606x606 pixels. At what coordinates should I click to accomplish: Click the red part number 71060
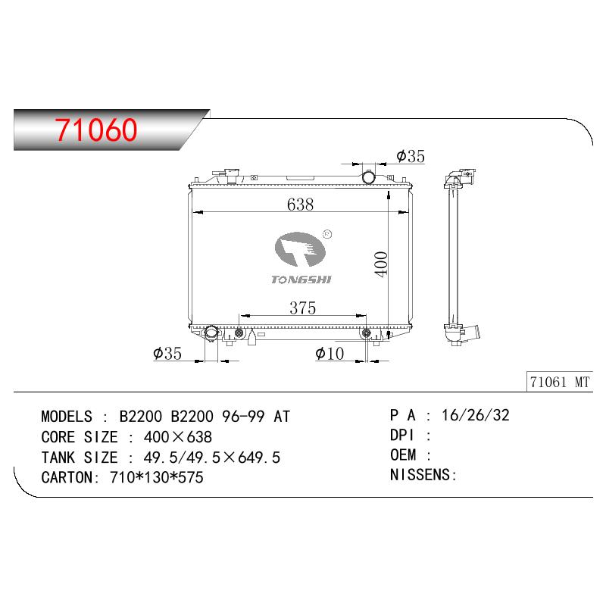(96, 130)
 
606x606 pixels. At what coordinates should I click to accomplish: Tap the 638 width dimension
(300, 205)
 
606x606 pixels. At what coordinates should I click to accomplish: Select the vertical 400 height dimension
(381, 264)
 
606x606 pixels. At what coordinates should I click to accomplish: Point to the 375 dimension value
(302, 308)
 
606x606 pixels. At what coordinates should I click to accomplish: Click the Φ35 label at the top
(411, 156)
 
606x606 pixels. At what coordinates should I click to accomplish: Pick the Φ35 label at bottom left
(167, 353)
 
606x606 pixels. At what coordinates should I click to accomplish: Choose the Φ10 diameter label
(330, 353)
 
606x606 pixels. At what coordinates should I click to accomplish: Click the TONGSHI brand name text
(301, 280)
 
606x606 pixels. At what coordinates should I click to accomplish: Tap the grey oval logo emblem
(300, 249)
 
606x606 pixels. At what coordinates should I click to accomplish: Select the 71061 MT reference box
(559, 383)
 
